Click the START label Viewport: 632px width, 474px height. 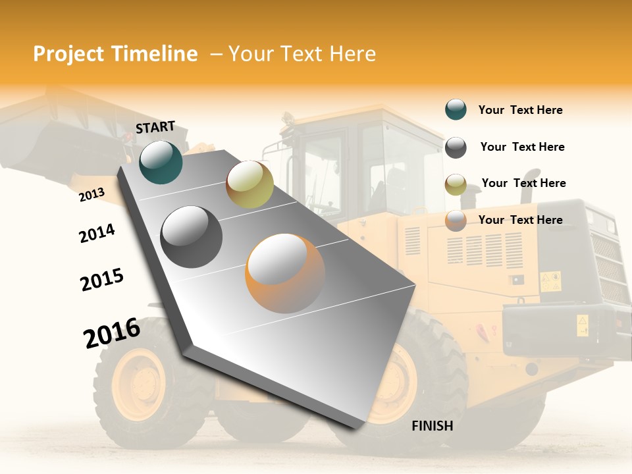click(155, 127)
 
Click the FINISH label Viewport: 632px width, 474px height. click(432, 426)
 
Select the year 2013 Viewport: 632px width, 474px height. click(92, 194)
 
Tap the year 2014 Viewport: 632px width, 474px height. click(97, 233)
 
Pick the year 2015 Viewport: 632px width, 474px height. click(102, 279)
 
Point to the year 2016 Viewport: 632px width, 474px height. click(112, 332)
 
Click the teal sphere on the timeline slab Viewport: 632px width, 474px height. click(161, 162)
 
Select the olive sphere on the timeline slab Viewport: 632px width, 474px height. click(250, 184)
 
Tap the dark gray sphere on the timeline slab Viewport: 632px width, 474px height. click(191, 236)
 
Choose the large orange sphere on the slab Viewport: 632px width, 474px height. click(285, 273)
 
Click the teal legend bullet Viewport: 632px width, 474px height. click(456, 110)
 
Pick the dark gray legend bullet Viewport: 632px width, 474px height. click(456, 147)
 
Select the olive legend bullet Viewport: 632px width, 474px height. click(456, 184)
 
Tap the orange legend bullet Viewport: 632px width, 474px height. click(456, 220)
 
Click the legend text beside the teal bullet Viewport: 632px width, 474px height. click(520, 110)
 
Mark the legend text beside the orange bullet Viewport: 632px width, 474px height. click(520, 220)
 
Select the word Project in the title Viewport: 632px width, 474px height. click(68, 54)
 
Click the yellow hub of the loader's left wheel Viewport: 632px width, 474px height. click(138, 384)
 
